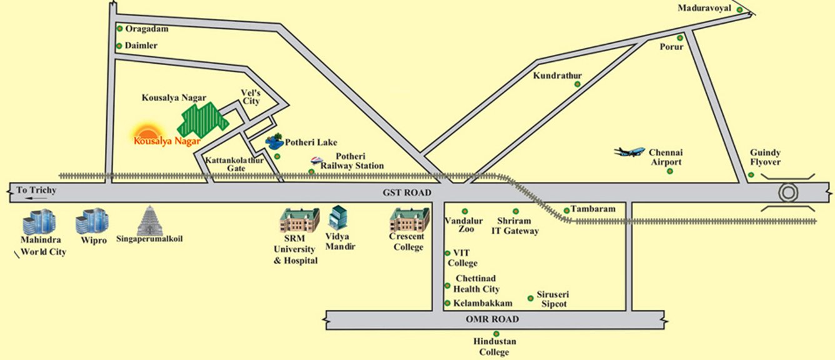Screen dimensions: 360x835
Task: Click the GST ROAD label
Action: coord(407,192)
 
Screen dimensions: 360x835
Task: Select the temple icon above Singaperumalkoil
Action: coord(149,220)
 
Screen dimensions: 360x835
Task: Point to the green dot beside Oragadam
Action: coord(119,29)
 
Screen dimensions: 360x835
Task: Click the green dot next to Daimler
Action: coord(119,46)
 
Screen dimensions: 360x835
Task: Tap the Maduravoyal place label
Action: coord(704,8)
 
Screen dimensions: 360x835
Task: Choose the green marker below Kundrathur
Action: coord(577,84)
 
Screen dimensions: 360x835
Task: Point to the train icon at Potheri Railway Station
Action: coord(317,160)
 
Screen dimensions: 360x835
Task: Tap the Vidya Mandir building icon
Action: coord(337,219)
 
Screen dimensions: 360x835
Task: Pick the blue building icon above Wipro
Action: coord(92,221)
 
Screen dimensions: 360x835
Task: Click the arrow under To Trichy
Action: coord(36,198)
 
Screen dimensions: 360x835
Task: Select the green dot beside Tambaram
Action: coord(567,210)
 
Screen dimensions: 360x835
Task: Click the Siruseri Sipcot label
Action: coord(552,299)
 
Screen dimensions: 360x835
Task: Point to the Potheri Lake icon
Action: coord(273,142)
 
